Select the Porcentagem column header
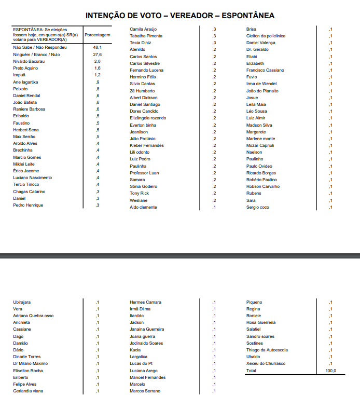click(98, 35)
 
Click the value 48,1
click(97, 47)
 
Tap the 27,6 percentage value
click(97, 55)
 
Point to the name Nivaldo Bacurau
click(29, 61)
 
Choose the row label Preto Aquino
click(25, 68)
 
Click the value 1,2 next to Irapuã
click(97, 75)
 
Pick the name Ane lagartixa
click(25, 82)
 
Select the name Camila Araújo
click(143, 29)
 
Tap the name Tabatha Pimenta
click(146, 36)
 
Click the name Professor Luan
click(144, 173)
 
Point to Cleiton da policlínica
click(266, 36)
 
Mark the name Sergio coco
click(258, 207)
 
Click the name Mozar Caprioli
click(260, 145)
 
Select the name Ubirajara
click(22, 302)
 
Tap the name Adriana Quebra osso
click(33, 316)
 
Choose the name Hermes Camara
click(145, 302)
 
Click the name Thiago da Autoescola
click(267, 350)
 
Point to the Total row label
click(251, 371)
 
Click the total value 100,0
click(330, 371)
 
